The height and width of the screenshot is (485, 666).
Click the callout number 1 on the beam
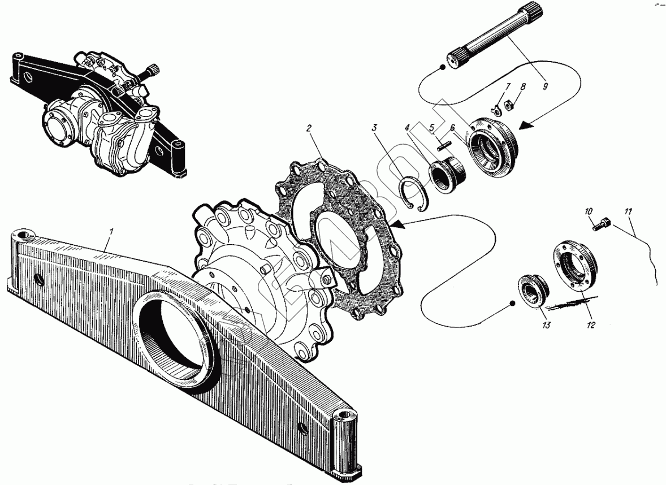112,231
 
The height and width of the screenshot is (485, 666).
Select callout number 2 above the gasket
309,128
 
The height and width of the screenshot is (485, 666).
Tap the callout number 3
374,128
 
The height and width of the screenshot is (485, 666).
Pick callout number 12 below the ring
591,325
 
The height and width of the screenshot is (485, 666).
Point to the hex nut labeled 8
506,105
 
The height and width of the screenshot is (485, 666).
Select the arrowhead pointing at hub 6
526,127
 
